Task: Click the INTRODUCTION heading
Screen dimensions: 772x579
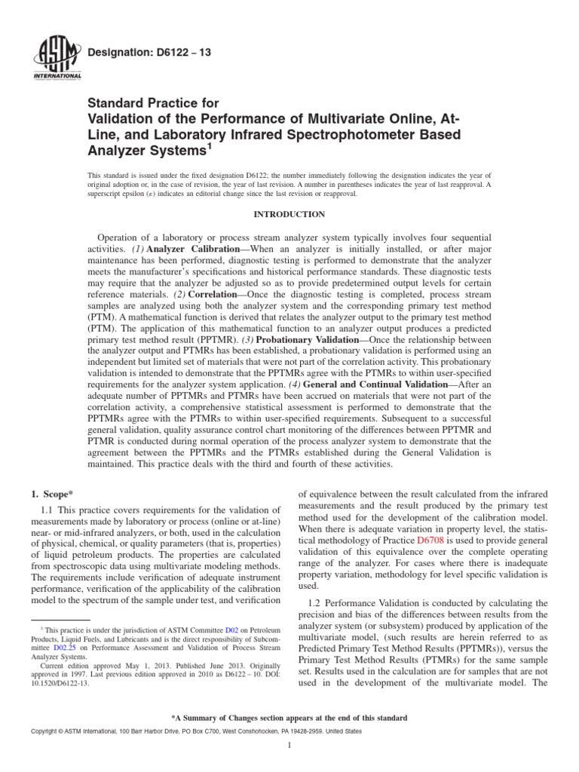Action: pyautogui.click(x=289, y=215)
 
